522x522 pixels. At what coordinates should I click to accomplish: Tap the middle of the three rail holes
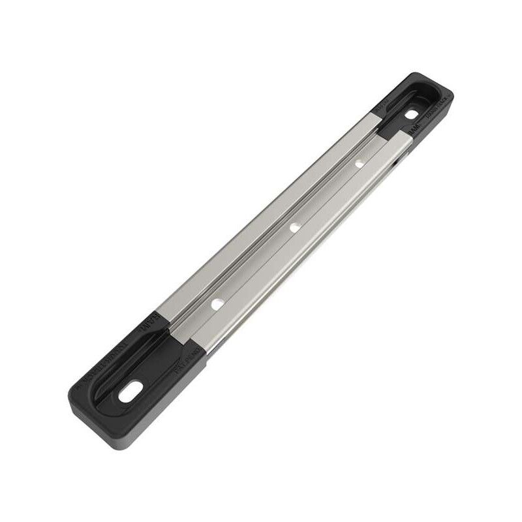[x=294, y=228]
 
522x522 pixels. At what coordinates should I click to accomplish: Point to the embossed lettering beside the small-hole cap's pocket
[x=434, y=117]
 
